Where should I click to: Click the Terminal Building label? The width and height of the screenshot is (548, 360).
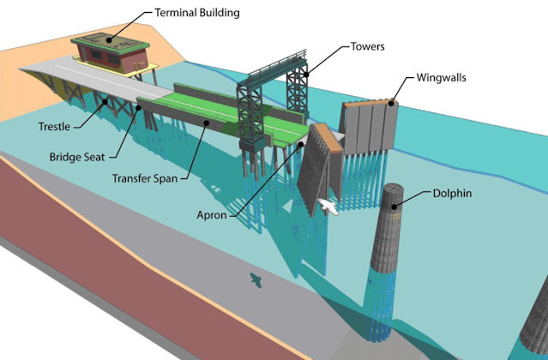pyautogui.click(x=196, y=14)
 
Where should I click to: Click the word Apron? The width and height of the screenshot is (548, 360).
pyautogui.click(x=209, y=215)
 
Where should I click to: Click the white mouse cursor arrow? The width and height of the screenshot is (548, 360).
pyautogui.click(x=328, y=207)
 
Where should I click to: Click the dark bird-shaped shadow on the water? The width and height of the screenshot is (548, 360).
pyautogui.click(x=254, y=279)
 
